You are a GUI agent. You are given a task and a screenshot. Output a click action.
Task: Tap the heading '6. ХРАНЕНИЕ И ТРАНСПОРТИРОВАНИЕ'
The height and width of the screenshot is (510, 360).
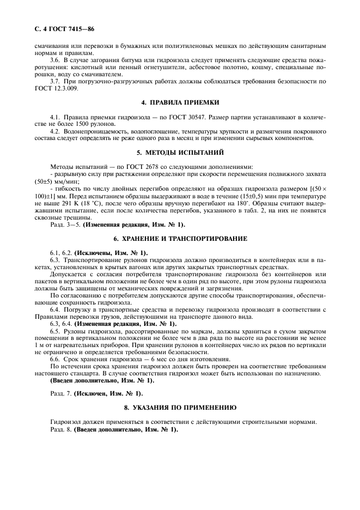point(180,239)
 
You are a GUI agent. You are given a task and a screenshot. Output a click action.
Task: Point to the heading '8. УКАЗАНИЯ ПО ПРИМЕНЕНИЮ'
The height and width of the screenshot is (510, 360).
point(180,407)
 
